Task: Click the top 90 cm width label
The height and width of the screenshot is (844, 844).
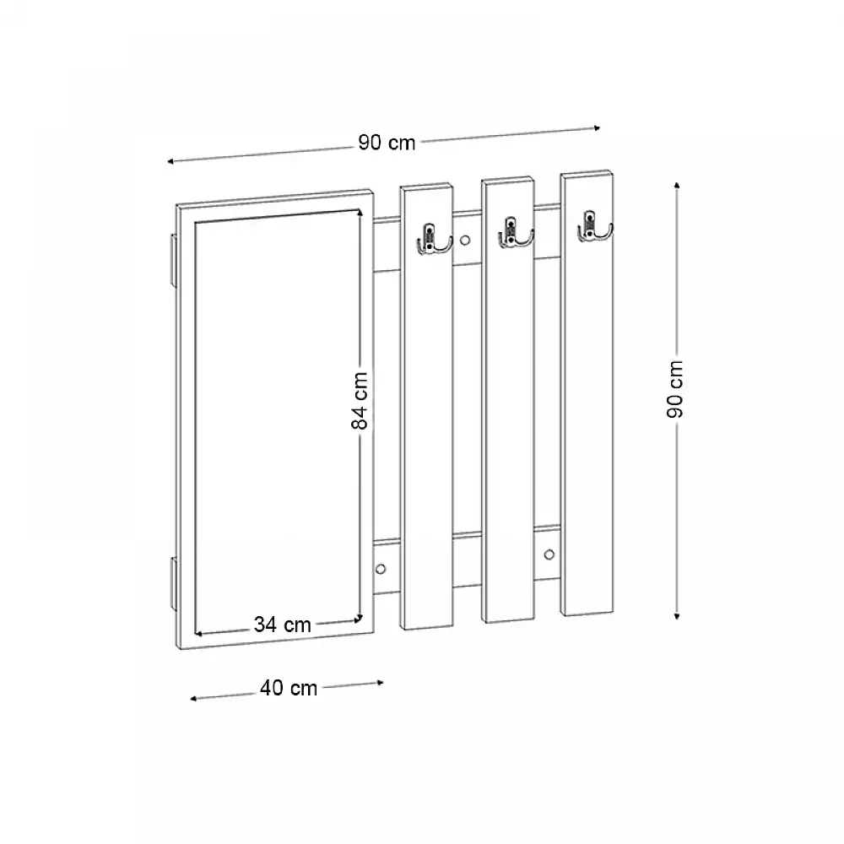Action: [387, 143]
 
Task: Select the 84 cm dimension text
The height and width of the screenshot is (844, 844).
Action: [360, 401]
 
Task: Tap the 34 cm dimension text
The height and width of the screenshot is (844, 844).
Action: [283, 625]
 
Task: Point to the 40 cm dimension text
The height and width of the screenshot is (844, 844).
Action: [289, 689]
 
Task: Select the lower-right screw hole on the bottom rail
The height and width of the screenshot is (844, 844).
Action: [549, 555]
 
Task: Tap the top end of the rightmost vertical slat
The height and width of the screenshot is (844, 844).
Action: [586, 177]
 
